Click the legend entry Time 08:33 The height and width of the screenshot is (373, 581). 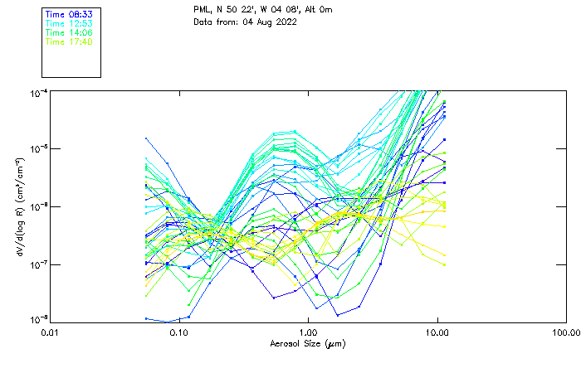[68, 15]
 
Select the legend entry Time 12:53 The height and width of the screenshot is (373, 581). [68, 24]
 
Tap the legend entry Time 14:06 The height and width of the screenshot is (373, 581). [68, 33]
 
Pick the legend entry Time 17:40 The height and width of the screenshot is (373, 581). [68, 42]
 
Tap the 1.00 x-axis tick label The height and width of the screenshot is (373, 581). [308, 332]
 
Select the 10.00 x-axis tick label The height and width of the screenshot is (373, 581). [437, 332]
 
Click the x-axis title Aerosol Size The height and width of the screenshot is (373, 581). [307, 343]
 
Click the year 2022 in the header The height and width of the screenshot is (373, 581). [286, 22]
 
